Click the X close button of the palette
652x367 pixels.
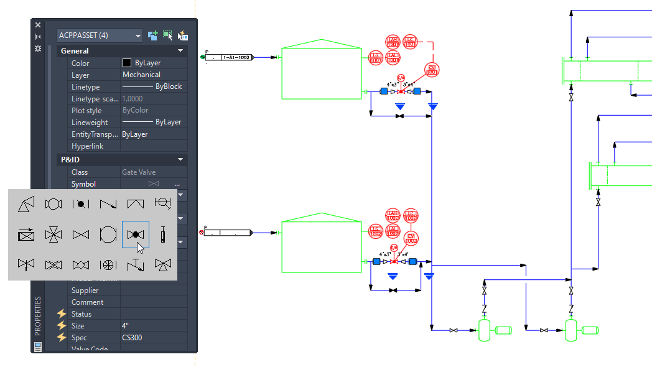pyautogui.click(x=38, y=25)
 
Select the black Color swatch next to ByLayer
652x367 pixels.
pyautogui.click(x=127, y=63)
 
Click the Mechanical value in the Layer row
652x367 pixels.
pyautogui.click(x=141, y=75)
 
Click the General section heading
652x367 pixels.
pyautogui.click(x=75, y=51)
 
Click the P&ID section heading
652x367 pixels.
pyautogui.click(x=70, y=160)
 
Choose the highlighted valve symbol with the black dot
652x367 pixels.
pyautogui.click(x=135, y=235)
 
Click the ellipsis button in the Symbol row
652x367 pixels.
pyautogui.click(x=177, y=184)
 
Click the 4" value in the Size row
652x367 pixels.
pyautogui.click(x=126, y=326)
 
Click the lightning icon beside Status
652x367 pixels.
pyautogui.click(x=62, y=314)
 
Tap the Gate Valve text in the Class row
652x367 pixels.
pyautogui.click(x=139, y=172)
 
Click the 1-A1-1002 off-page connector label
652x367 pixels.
pyautogui.click(x=236, y=57)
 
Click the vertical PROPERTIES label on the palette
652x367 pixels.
pyautogui.click(x=37, y=316)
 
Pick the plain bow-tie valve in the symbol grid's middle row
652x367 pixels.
pyautogui.click(x=81, y=235)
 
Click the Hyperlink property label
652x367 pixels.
pyautogui.click(x=87, y=146)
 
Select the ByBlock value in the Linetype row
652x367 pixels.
pyautogui.click(x=168, y=86)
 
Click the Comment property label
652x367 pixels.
pyautogui.click(x=87, y=302)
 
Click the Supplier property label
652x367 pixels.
pyautogui.click(x=85, y=290)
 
